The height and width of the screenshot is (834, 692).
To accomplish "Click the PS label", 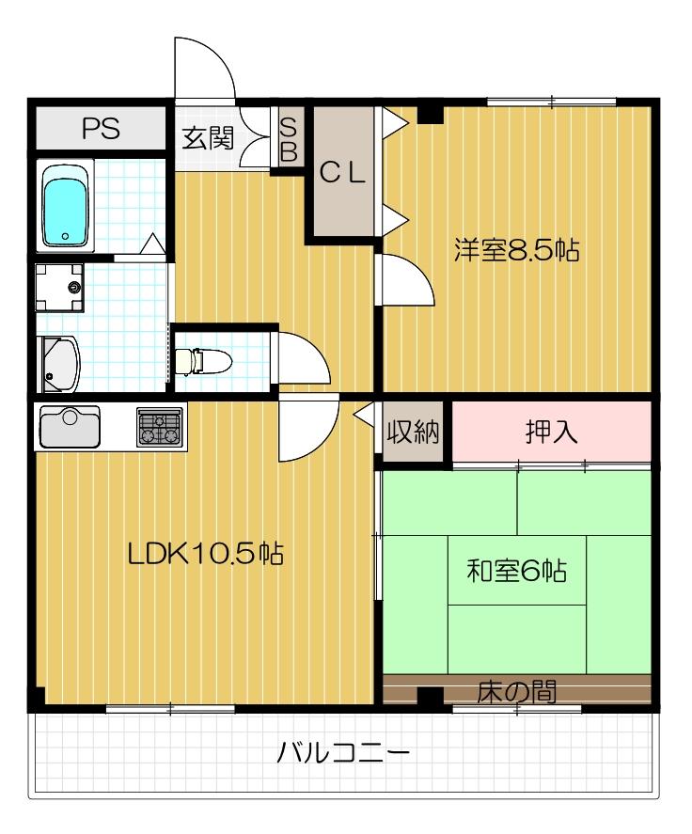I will click(101, 129).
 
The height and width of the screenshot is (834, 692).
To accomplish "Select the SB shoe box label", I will click(289, 138).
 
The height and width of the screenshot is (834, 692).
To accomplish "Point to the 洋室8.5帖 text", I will click(516, 251).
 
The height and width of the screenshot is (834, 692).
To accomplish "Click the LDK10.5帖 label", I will click(206, 553).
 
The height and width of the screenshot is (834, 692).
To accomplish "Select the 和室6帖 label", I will click(517, 570).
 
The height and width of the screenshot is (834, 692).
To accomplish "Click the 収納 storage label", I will click(414, 433).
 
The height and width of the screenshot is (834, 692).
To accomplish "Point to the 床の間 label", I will click(516, 692).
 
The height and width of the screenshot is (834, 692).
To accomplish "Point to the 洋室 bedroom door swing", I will click(404, 282).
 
